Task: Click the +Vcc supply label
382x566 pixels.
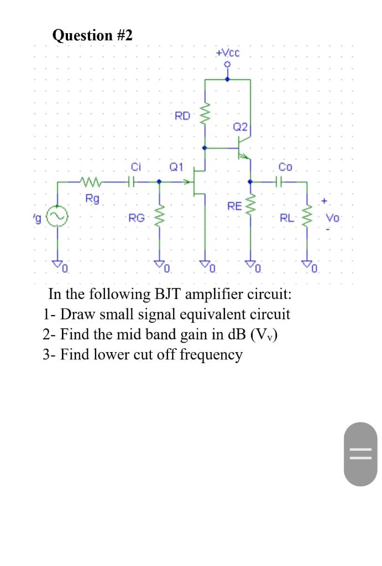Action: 228,53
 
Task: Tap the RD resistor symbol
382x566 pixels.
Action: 206,117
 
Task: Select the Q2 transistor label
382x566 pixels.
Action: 239,127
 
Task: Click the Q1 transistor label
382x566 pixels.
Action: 176,166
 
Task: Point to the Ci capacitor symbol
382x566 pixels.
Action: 131,181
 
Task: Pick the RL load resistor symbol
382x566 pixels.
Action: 308,217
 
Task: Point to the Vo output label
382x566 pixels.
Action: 333,217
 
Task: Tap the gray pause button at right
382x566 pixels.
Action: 357,454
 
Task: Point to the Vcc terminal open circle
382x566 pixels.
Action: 227,65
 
